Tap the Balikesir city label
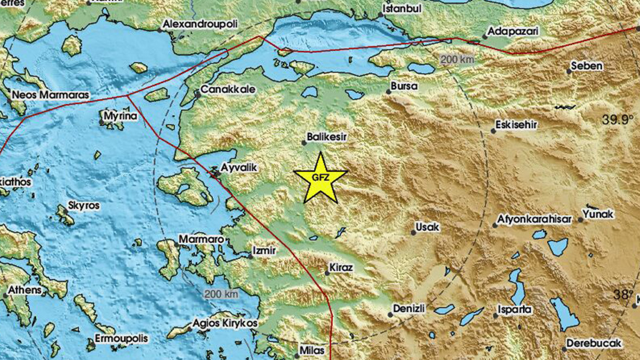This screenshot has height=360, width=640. point(327,138)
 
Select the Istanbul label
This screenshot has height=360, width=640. point(403,9)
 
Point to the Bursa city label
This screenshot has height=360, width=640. point(404,85)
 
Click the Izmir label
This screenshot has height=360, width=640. point(264,250)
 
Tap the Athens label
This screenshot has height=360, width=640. point(24,290)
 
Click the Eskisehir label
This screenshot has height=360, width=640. point(516,124)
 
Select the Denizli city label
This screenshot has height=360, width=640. point(409,308)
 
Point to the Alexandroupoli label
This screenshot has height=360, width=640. point(200,24)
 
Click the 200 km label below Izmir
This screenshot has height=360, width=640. point(221,293)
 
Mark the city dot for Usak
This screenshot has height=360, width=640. point(413,233)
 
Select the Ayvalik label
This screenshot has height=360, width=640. point(240,167)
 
